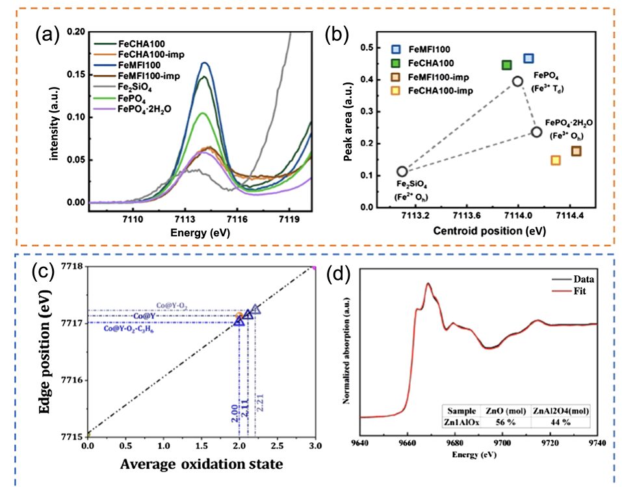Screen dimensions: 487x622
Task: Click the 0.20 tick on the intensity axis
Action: (x=75, y=31)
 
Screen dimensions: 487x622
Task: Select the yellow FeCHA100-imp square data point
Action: (x=556, y=160)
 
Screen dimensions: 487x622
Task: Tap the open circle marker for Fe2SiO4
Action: (x=402, y=171)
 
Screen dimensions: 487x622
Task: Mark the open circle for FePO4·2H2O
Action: (x=536, y=132)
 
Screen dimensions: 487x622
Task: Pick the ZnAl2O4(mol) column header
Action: (x=560, y=410)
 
